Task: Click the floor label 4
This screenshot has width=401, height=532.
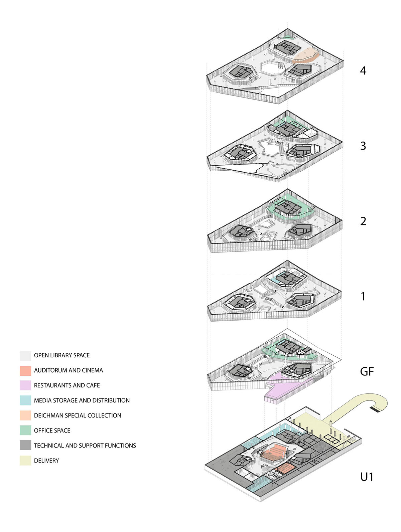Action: (x=363, y=70)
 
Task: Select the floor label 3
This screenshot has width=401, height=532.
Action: (x=363, y=146)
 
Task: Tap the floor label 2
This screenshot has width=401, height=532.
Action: (x=363, y=221)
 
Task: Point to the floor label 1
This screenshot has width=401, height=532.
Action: (x=363, y=296)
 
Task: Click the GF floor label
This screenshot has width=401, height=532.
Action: (x=367, y=371)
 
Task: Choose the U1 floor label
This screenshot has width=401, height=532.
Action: (x=367, y=477)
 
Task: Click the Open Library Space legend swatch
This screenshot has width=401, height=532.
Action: (x=25, y=356)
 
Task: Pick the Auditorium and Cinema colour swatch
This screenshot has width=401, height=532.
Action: (x=25, y=371)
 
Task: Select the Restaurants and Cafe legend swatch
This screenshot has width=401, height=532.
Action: (x=25, y=386)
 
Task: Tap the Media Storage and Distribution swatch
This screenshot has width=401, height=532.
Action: (x=25, y=401)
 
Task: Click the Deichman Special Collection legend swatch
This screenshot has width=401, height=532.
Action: (x=25, y=416)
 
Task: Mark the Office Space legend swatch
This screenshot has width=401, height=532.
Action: (x=25, y=431)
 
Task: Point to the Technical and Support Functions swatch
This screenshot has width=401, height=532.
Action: (x=25, y=446)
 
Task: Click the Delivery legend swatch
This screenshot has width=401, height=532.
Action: (x=25, y=461)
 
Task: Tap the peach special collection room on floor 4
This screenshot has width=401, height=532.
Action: (x=306, y=55)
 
